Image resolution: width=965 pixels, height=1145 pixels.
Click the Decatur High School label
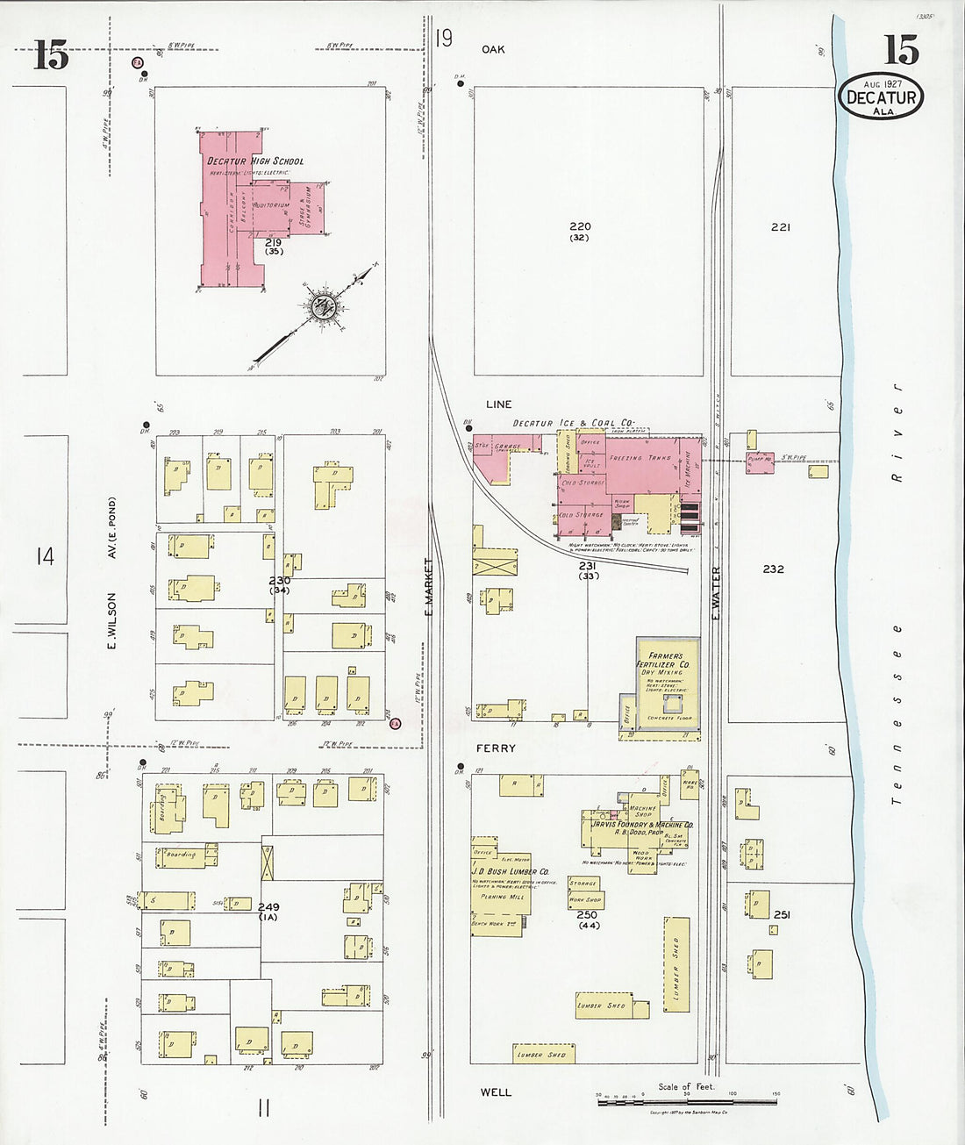click(255, 161)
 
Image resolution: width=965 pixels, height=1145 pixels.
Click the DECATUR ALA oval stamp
click(881, 97)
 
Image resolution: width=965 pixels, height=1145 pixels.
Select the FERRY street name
click(496, 748)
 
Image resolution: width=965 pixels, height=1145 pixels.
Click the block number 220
click(579, 226)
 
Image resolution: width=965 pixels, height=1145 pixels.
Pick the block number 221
click(780, 227)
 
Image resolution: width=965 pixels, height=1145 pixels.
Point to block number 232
click(773, 569)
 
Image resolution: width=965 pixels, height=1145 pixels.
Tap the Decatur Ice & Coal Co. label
click(573, 423)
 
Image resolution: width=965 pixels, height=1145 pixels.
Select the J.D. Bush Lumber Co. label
click(511, 871)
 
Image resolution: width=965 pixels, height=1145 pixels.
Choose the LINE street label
click(498, 404)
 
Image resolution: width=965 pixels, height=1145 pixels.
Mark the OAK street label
click(493, 49)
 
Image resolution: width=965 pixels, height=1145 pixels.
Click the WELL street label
click(495, 1092)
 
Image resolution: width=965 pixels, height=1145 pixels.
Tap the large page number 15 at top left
click(51, 56)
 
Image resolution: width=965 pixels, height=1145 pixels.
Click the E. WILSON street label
click(112, 621)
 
